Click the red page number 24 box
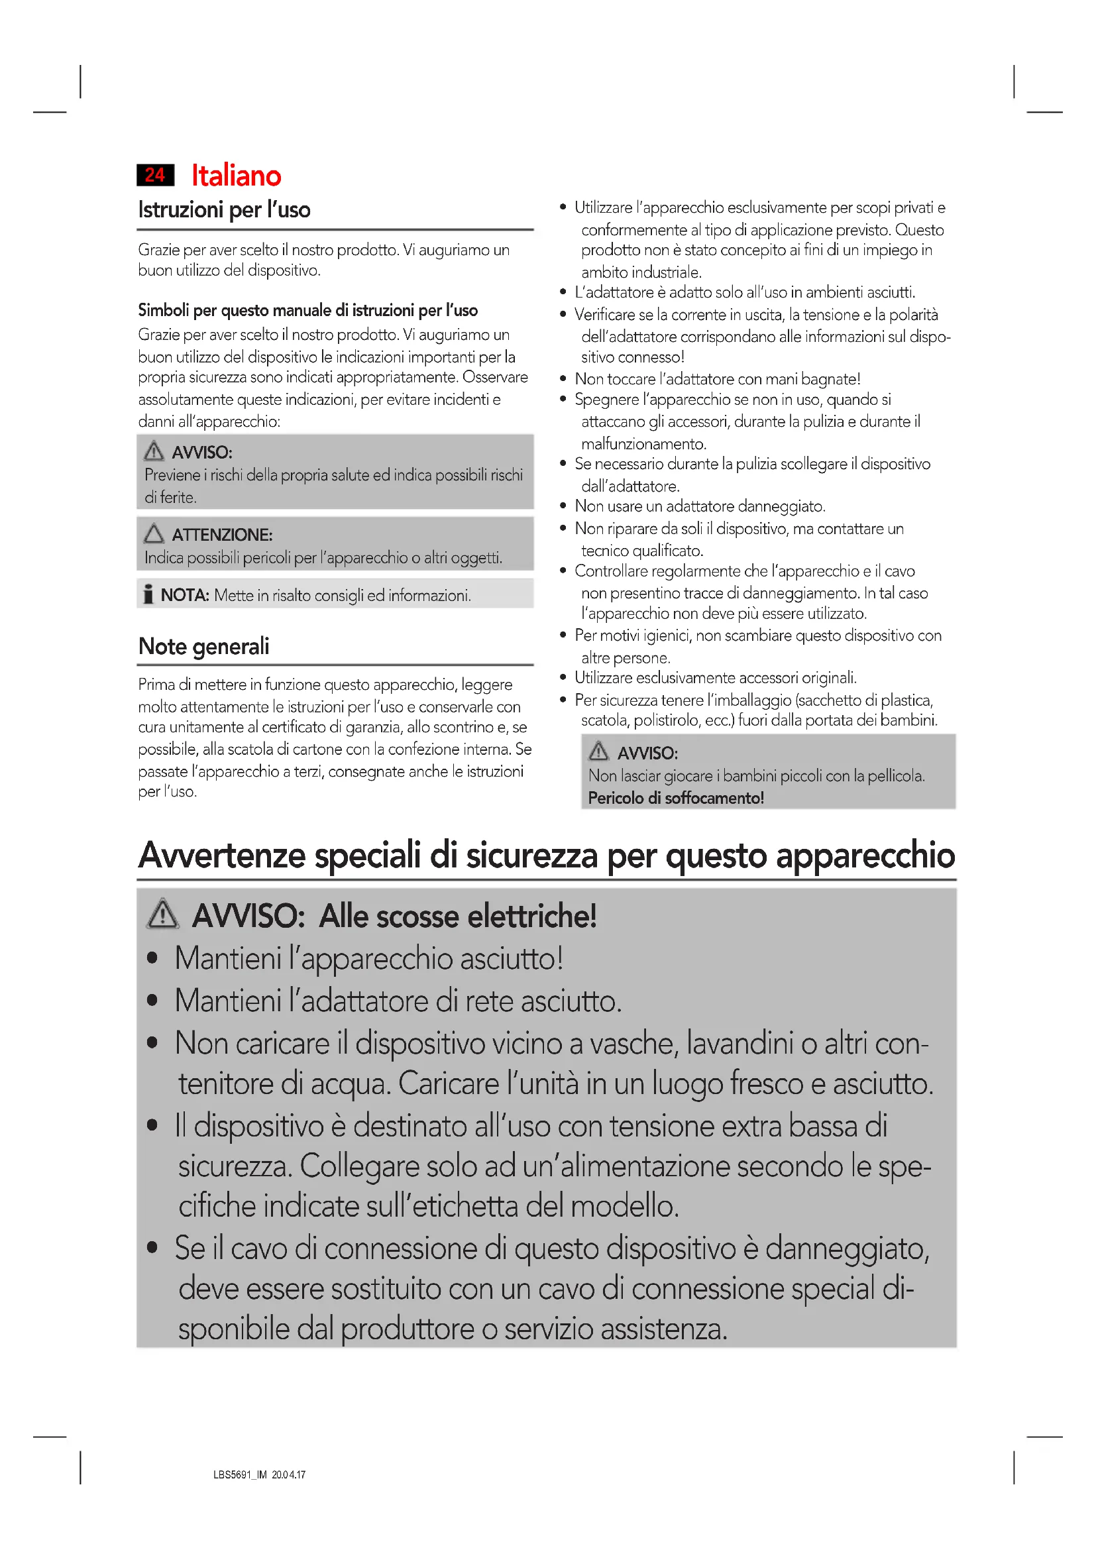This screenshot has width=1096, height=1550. point(155,175)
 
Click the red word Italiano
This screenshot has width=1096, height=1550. point(236,176)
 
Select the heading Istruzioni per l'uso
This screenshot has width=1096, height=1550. point(224,210)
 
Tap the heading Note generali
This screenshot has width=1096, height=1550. point(203,646)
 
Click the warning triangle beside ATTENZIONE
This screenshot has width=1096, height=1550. point(154,533)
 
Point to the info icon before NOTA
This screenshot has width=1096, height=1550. point(148,594)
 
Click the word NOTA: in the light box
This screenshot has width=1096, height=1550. point(185,596)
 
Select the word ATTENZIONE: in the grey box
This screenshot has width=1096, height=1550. point(222,535)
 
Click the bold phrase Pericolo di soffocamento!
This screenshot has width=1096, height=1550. point(675,798)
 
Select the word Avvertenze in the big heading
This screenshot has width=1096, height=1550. point(222,856)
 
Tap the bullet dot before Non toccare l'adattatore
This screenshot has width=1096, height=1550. point(563,379)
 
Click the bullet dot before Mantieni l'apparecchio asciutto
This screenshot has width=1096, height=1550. point(152,958)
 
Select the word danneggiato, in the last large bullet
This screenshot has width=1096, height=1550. point(847,1248)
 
